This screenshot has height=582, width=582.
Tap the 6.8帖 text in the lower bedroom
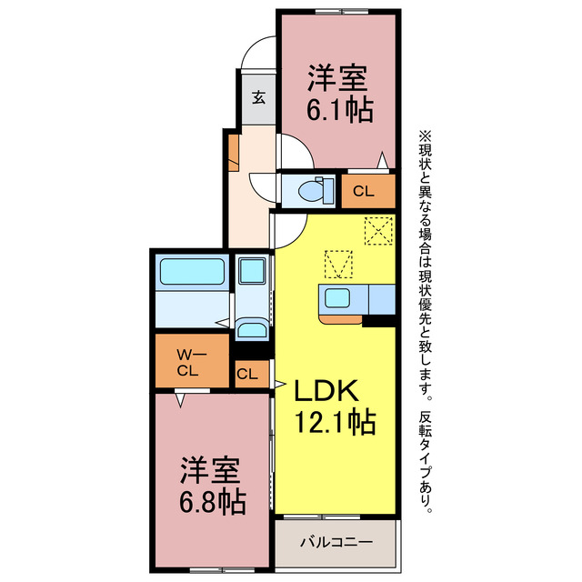pos(211,500)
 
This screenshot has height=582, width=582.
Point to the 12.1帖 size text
pos(334,423)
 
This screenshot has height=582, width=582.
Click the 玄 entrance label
pos(258,97)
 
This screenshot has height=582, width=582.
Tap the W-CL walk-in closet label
pos(188,361)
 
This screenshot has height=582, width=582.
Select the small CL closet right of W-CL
pos(246,373)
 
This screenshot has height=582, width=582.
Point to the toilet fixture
pos(309,191)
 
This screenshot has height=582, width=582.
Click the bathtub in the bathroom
pos(192,272)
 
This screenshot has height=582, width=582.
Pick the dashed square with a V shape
pos(338,265)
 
